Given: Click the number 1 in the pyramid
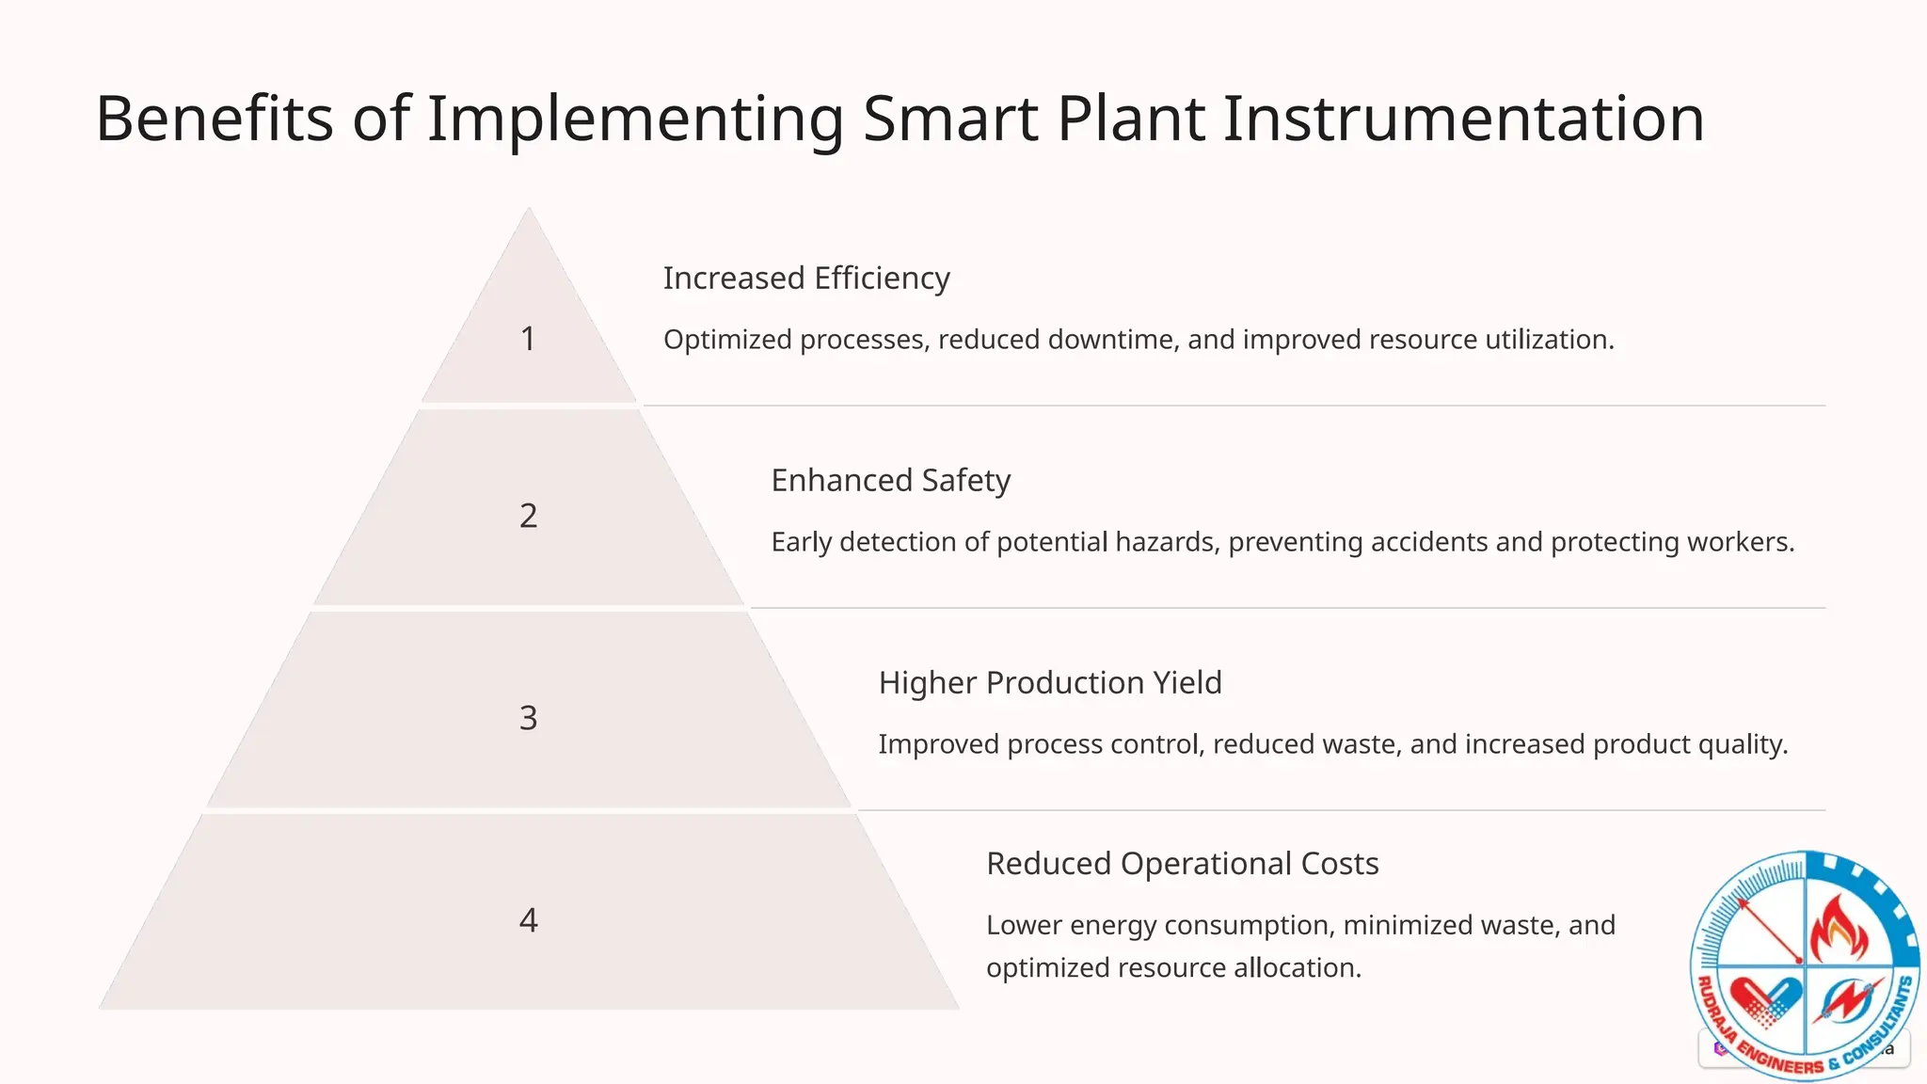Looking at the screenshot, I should tap(528, 339).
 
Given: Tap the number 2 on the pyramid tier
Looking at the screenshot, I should tap(528, 516).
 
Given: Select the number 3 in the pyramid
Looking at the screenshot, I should tap(528, 718).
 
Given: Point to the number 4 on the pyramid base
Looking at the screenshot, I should tap(528, 920).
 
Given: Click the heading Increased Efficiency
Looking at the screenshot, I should tap(806, 279).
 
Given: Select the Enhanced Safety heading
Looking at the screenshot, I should tap(890, 481).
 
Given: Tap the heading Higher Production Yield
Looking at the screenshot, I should tap(1050, 683).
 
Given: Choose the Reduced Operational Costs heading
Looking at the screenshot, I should tap(1182, 864).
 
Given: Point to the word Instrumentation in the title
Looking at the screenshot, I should tap(1463, 120).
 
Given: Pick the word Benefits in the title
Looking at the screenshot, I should tap(215, 120).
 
